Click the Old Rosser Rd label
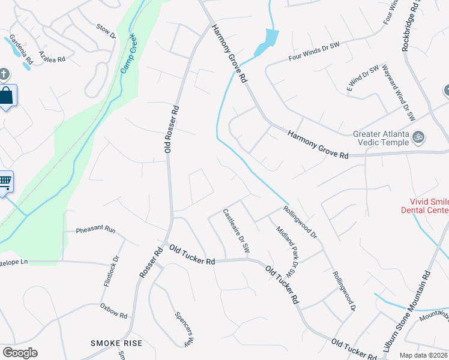(172, 128)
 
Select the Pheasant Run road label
(95, 230)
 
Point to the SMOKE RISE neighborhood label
(116, 343)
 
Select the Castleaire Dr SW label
(236, 230)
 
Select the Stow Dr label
(106, 31)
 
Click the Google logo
(20, 353)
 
